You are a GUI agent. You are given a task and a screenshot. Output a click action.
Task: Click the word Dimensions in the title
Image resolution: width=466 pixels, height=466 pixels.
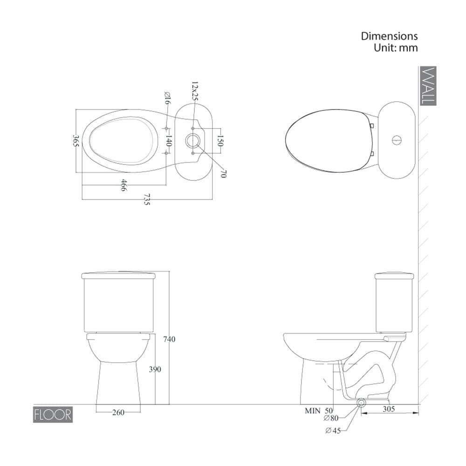pos(389,36)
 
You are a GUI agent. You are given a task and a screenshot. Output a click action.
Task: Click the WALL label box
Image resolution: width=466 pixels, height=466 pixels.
pos(428,86)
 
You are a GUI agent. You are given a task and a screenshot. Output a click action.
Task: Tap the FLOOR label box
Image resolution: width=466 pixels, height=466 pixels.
pos(53,415)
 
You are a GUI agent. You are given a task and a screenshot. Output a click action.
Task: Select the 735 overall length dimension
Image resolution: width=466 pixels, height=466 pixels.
pos(147,199)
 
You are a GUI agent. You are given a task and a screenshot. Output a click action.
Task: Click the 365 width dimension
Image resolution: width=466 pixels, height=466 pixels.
pos(76,141)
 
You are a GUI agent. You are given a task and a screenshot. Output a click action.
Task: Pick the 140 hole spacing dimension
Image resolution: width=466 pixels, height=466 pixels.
pos(168,141)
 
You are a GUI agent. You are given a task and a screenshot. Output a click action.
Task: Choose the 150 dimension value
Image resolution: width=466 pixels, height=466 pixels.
pos(220,141)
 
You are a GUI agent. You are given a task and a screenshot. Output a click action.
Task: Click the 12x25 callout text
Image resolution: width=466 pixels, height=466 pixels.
pos(194,91)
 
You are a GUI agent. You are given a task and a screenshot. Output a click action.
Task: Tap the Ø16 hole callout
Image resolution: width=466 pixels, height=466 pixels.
pos(167,98)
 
